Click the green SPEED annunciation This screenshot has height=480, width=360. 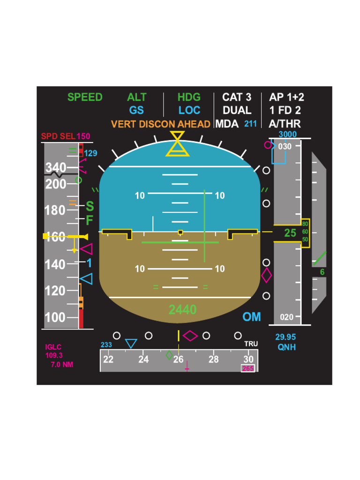pos(85,97)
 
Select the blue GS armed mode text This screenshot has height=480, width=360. pos(136,111)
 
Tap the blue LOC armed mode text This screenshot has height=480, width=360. pos(189,111)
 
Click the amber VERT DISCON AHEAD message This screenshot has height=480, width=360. pos(160,124)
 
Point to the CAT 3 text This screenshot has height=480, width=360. pos(237,97)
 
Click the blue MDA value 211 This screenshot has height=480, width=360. pos(251,124)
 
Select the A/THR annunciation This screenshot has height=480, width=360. pos(285,124)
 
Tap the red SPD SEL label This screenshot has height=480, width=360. pos(58,136)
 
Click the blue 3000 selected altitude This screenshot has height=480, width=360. pos(287,135)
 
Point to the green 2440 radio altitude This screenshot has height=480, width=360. pos(182,309)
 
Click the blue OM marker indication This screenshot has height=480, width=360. pos(252,317)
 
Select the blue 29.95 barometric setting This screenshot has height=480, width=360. pos(285,337)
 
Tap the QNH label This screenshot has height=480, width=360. pos(286,347)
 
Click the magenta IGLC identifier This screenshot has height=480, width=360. pos(53,347)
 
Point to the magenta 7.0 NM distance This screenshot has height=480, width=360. pos(61,365)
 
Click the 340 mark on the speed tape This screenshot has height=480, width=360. pos(55,167)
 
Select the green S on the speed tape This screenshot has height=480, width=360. pos(90,206)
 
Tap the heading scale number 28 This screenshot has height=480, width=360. pos(213,360)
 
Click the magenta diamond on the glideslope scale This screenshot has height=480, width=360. pos(266,275)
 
